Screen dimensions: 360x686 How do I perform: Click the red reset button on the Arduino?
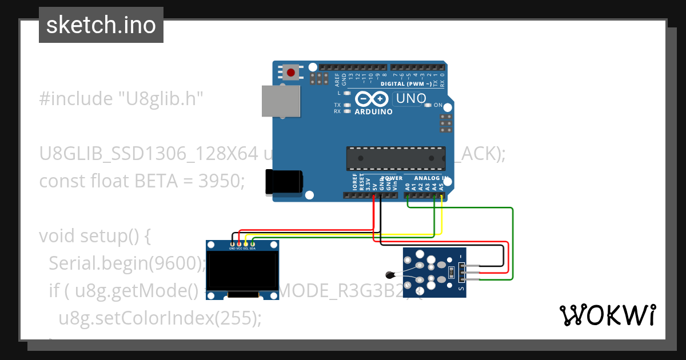click(x=291, y=73)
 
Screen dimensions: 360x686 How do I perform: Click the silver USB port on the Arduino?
click(x=281, y=101)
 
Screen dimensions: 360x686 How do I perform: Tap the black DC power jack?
click(x=283, y=182)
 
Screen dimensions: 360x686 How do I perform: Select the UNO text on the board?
click(x=411, y=99)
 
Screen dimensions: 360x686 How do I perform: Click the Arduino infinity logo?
click(x=373, y=99)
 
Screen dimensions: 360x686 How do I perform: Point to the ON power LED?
click(x=428, y=105)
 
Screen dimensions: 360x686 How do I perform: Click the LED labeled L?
click(x=346, y=92)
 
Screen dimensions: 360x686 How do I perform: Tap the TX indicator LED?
click(x=346, y=105)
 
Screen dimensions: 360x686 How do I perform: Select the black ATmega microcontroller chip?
click(x=396, y=158)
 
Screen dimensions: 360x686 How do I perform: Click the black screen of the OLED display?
click(x=242, y=272)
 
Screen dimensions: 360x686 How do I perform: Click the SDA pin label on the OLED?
click(x=253, y=249)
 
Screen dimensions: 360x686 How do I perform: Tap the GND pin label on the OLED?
click(x=232, y=249)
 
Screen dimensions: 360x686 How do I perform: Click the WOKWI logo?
click(x=608, y=315)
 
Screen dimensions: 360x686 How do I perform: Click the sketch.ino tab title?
click(x=101, y=25)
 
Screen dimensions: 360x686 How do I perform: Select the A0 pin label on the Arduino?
click(x=408, y=186)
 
